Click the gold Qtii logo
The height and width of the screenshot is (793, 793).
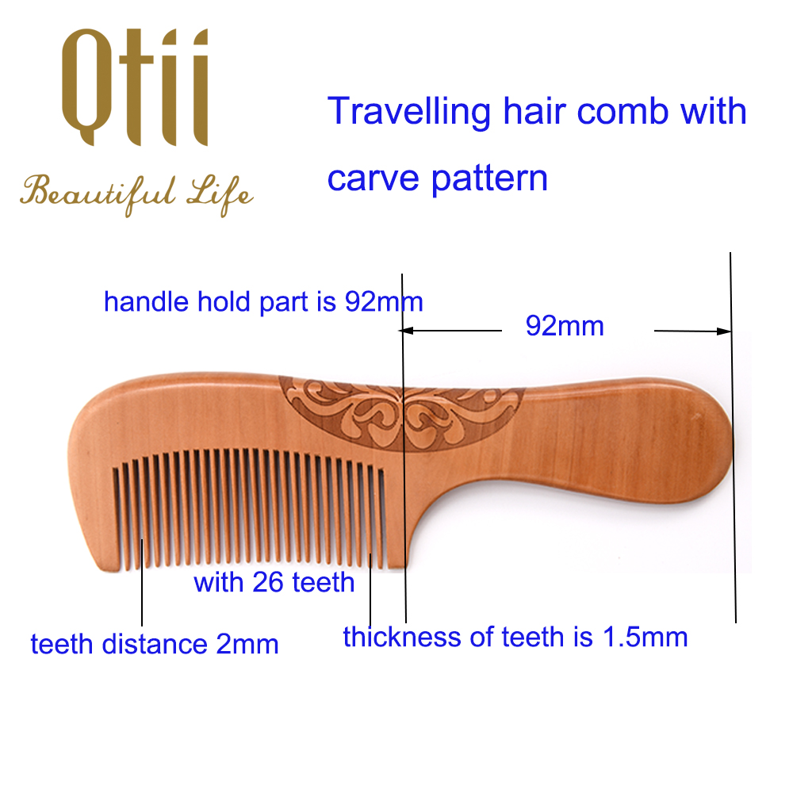click(x=135, y=87)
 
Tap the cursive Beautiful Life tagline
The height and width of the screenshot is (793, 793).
click(x=136, y=195)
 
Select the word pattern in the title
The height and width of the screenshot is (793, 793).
click(x=489, y=178)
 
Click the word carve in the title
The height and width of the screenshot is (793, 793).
click(x=374, y=179)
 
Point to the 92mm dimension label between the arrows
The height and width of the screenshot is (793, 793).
click(x=565, y=326)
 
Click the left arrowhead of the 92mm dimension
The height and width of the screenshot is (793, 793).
click(x=407, y=331)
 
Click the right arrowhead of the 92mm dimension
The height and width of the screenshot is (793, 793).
click(x=724, y=331)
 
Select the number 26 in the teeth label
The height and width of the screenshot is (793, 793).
click(x=267, y=582)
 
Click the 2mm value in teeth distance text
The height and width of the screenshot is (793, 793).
click(x=247, y=645)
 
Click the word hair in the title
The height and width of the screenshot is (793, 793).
click(x=534, y=111)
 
